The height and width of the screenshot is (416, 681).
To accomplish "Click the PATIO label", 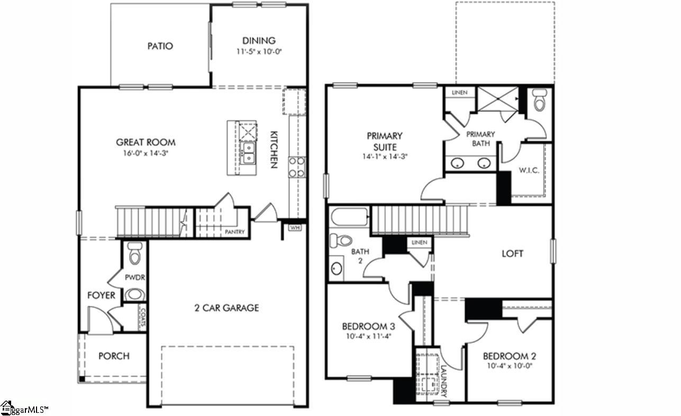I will tap(160, 46).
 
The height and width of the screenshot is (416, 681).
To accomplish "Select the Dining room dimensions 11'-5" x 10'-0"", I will tap(259, 52).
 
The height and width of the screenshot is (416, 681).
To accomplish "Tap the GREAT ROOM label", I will tap(146, 142).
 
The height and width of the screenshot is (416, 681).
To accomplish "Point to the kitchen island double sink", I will tap(247, 152).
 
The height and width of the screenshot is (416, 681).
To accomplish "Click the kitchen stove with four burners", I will tap(297, 166).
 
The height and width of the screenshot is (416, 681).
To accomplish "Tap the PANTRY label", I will tap(234, 232).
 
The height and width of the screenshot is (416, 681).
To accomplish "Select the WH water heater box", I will tap(294, 228).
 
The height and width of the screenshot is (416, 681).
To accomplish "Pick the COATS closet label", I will tap(142, 317).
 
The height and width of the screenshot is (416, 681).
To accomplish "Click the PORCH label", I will tap(114, 356).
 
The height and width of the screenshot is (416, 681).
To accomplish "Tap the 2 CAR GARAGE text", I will tap(226, 308).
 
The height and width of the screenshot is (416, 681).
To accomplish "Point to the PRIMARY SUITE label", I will tap(385, 141).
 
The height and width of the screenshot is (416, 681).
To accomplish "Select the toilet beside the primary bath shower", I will tap(539, 101).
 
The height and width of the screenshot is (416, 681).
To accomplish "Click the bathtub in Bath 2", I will tap(349, 218).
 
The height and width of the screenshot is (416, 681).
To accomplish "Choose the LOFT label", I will tap(512, 254).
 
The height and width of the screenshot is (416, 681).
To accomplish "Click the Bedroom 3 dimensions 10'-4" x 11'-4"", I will tap(369, 335).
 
